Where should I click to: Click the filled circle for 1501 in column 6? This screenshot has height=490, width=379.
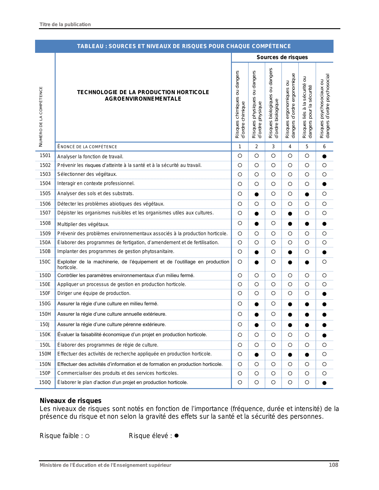coord(324,156)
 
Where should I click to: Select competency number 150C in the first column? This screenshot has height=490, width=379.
coord(45,262)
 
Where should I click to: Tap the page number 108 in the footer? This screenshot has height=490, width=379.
coord(333,465)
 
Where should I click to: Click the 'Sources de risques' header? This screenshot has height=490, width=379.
coord(282,57)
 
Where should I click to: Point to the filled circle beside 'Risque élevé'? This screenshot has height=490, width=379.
coord(176,436)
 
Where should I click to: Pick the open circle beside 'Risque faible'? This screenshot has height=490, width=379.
coord(87,436)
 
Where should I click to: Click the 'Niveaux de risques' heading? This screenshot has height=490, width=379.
coord(70,401)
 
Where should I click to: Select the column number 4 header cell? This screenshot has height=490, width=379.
coord(290,146)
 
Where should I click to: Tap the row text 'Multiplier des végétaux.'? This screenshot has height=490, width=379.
coord(83,224)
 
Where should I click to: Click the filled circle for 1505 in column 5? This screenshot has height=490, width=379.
coord(307,195)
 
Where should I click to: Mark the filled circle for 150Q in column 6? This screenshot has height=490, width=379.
coord(324,383)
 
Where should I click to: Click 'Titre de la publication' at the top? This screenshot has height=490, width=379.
coord(65,24)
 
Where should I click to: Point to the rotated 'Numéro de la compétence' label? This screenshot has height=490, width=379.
coord(41,116)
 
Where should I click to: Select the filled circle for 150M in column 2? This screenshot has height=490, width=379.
coord(257,355)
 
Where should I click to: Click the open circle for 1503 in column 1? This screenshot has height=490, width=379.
coord(240,175)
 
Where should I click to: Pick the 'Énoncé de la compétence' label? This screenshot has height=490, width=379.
coord(87,147)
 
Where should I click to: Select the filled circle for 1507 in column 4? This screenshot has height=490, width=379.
coord(290,214)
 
